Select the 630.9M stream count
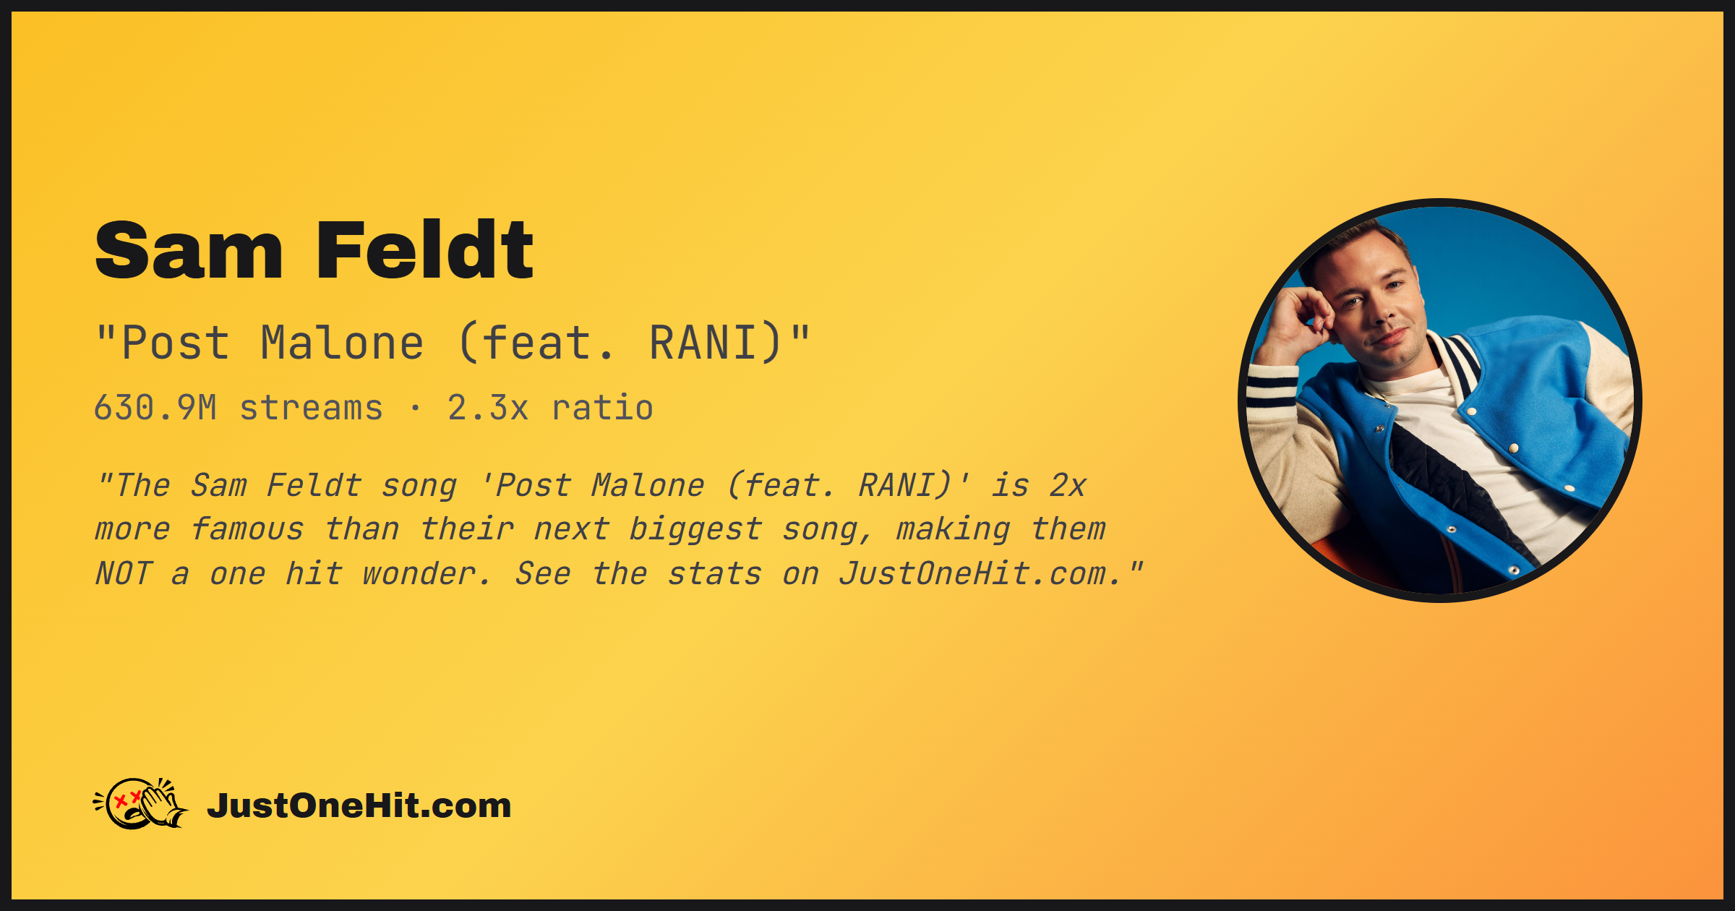pyautogui.click(x=155, y=407)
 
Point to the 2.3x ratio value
pyautogui.click(x=488, y=407)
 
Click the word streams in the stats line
pyautogui.click(x=311, y=409)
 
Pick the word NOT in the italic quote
pyautogui.click(x=124, y=573)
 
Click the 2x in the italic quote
pyautogui.click(x=1068, y=485)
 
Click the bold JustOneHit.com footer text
pyautogui.click(x=359, y=805)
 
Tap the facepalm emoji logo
pyautogui.click(x=141, y=803)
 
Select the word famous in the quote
pyautogui.click(x=247, y=529)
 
